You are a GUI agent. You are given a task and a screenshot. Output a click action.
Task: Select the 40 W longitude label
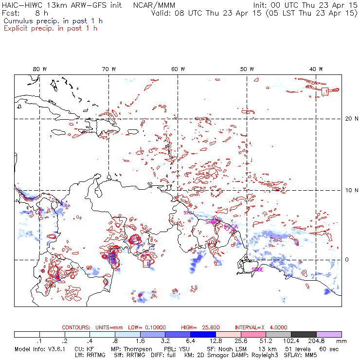point(316,69)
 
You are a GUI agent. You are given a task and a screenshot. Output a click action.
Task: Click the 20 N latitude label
point(349,118)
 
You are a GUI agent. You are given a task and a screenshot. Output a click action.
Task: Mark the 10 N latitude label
point(349,190)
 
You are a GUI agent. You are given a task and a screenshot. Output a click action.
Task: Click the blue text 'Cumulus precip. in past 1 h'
point(53,21)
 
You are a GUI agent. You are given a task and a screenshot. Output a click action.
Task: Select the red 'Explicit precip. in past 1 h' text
point(50,28)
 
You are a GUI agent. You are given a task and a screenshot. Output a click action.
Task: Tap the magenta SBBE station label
point(257,269)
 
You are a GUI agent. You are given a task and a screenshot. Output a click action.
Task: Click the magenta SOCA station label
point(232,226)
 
